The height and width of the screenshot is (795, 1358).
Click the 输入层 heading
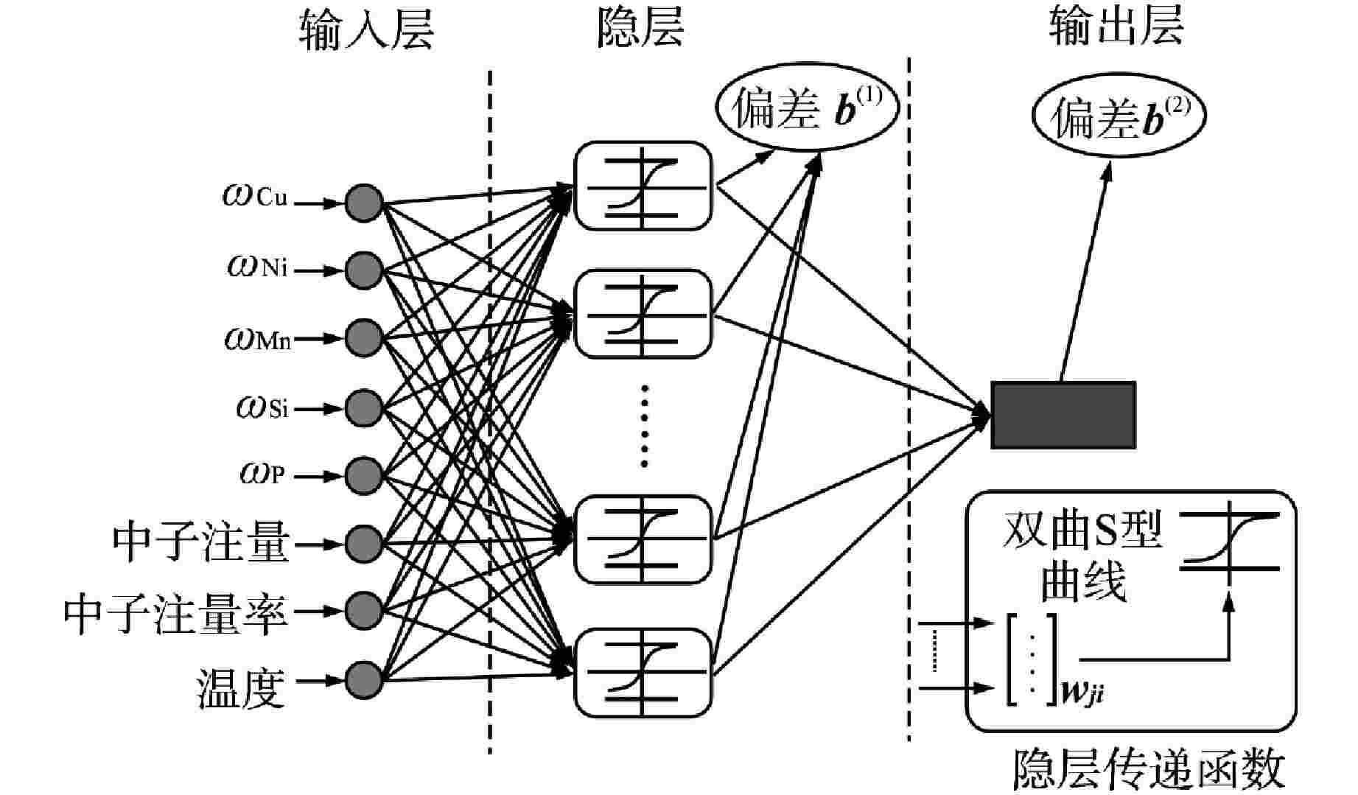[x=366, y=31]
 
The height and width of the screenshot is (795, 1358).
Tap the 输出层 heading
[x=1116, y=28]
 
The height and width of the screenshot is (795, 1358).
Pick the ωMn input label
[x=258, y=339]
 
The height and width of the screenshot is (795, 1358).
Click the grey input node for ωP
[x=364, y=475]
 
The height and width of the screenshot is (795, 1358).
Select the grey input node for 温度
[x=364, y=679]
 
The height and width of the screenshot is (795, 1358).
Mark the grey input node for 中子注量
[x=364, y=544]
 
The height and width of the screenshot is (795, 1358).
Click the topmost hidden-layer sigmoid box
[x=643, y=186]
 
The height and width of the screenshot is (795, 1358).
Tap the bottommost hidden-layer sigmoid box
[x=643, y=672]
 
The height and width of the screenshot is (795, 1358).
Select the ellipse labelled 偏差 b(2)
[x=1119, y=119]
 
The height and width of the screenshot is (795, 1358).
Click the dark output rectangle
[x=1063, y=415]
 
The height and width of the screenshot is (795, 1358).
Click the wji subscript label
[x=1082, y=692]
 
